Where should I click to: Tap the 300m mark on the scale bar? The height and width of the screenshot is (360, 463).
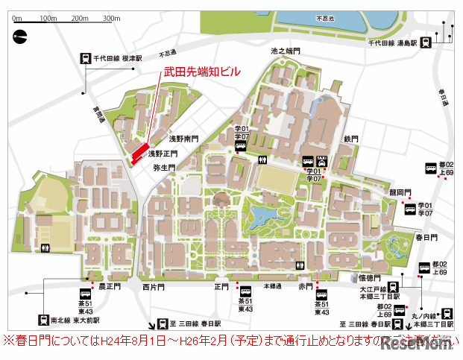pyautogui.click(x=111, y=18)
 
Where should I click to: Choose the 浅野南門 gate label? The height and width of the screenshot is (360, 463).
pyautogui.click(x=183, y=139)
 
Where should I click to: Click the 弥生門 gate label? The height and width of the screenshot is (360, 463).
pyautogui.click(x=163, y=168)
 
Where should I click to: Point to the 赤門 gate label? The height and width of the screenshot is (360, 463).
pyautogui.click(x=306, y=285)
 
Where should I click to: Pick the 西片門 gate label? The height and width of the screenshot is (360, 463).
pyautogui.click(x=153, y=286)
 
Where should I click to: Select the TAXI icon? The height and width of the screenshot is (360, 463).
pyautogui.click(x=322, y=160)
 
